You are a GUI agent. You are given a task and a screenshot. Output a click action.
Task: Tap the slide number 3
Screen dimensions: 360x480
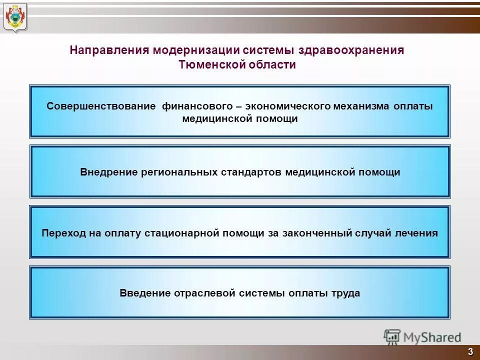click(470, 351)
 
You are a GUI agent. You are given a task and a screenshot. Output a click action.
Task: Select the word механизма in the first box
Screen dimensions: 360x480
click(361, 106)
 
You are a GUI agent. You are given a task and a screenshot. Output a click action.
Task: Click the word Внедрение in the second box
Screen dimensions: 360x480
click(108, 172)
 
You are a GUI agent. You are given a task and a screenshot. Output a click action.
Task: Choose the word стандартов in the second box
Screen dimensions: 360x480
click(253, 172)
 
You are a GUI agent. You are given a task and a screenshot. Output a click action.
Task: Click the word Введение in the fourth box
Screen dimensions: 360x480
click(143, 293)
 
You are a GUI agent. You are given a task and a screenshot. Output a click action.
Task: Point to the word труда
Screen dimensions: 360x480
click(344, 293)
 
